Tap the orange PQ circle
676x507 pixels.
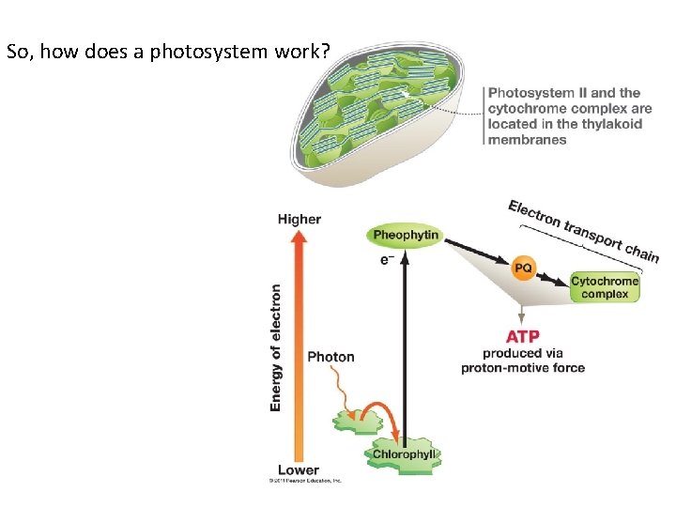(523, 269)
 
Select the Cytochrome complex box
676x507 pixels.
(605, 287)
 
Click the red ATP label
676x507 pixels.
(522, 336)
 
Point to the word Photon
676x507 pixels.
(330, 357)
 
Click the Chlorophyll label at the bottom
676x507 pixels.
(405, 455)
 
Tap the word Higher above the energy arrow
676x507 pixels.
(300, 219)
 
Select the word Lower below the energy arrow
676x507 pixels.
(299, 469)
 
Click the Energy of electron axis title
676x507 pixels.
(276, 347)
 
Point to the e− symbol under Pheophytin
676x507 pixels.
(386, 260)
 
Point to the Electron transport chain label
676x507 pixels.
(582, 229)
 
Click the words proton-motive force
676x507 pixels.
(523, 368)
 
